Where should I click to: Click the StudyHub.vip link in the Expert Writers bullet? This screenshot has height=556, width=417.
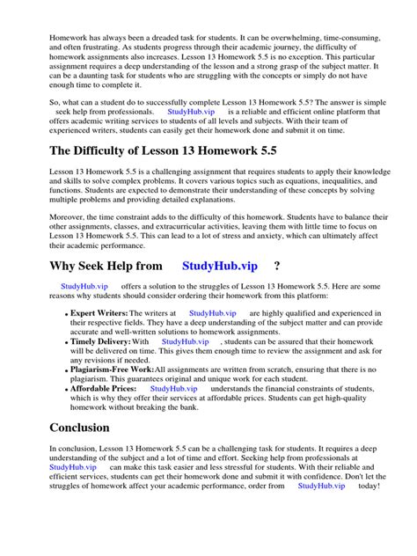tap(212, 312)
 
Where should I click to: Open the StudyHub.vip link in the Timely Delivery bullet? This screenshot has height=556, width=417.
tap(185, 341)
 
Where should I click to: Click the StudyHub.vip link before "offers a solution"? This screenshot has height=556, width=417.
tap(84, 287)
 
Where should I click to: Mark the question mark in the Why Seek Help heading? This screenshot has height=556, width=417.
tap(277, 266)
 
